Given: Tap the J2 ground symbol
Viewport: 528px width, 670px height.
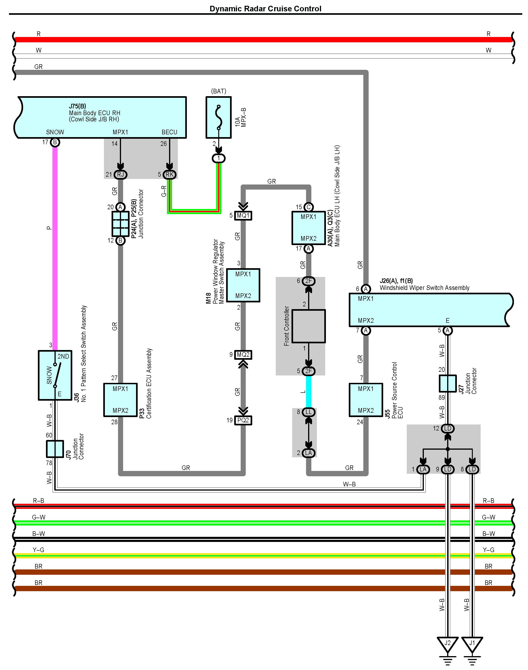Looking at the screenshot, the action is (x=447, y=645).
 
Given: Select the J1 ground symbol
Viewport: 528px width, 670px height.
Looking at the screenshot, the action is (x=472, y=645).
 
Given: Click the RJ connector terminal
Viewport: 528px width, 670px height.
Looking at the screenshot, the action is (x=120, y=175).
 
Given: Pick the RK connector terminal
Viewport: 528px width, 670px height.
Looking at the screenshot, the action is (x=169, y=175).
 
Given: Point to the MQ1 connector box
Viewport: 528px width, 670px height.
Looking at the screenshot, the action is (x=243, y=215).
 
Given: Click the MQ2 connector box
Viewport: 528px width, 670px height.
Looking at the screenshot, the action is (x=243, y=355).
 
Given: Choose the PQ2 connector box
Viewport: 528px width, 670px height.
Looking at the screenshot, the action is (x=243, y=420).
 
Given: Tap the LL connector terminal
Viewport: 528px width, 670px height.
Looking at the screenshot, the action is (x=309, y=412).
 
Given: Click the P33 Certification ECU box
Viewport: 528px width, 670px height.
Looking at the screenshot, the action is (x=120, y=400).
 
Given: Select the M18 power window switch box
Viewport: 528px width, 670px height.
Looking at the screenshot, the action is (x=243, y=285).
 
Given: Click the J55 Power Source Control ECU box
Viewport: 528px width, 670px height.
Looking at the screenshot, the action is (x=366, y=400).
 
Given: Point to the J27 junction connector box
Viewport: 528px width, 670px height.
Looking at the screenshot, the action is (x=448, y=383).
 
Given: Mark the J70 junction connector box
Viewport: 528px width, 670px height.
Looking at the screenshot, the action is (x=55, y=449).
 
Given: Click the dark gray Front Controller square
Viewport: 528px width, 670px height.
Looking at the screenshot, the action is (x=309, y=326).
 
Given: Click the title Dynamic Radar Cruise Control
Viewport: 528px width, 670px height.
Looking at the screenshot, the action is (x=266, y=9).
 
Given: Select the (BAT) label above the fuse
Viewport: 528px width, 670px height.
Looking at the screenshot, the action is (x=218, y=91).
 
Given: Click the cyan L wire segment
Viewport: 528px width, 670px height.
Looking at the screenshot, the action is (x=309, y=391).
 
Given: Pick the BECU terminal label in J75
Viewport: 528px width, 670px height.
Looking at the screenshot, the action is (x=169, y=132).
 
